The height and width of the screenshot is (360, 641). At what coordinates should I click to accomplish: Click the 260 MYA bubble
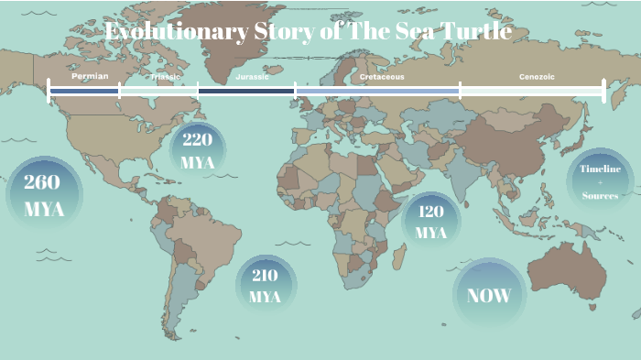point(44,195)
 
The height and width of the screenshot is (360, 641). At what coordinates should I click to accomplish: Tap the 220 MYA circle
point(198,150)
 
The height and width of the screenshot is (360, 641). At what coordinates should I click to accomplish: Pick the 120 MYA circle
point(430,222)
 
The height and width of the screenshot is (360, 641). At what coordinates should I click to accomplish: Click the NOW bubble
point(488,295)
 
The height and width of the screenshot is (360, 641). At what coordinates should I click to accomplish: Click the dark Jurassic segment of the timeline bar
point(246,91)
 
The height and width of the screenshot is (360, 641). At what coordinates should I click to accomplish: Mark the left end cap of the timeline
point(49,90)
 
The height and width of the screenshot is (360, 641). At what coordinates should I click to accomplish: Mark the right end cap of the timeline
point(603,90)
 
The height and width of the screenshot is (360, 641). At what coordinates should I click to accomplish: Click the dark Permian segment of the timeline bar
point(84,91)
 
